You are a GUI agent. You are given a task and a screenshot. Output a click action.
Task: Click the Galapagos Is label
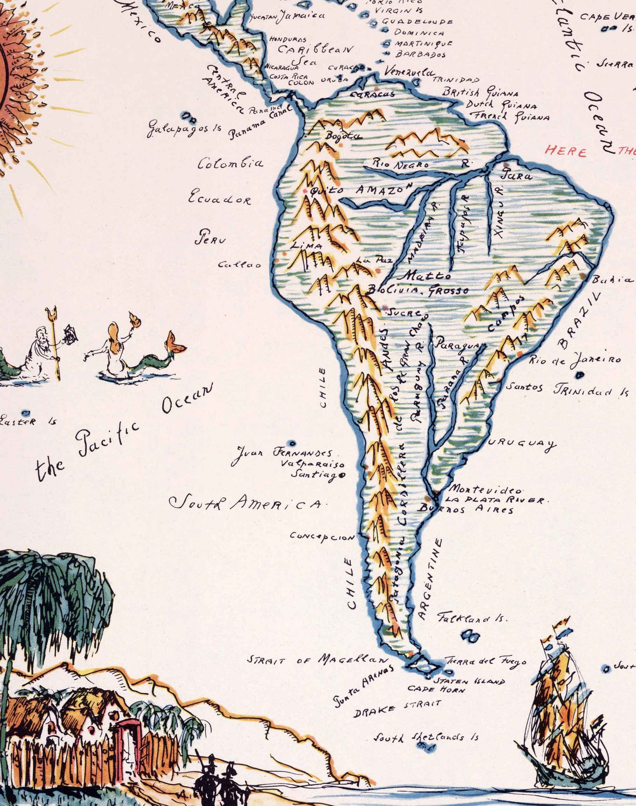[x=184, y=129]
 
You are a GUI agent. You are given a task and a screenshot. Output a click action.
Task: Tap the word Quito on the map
[x=321, y=191]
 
